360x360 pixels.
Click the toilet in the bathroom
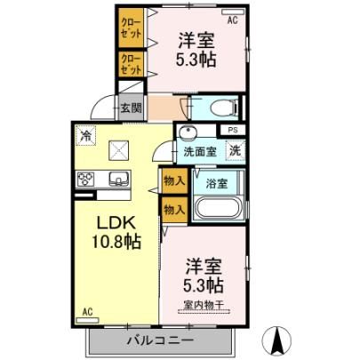click(226, 108)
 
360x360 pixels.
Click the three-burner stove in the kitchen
click(85, 179)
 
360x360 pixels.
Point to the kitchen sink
click(119, 179)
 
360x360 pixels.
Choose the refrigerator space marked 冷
click(86, 135)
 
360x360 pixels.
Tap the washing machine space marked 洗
click(236, 150)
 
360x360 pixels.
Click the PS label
click(233, 130)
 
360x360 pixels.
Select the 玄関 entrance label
click(132, 108)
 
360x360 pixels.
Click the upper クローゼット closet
click(132, 28)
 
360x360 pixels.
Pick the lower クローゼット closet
click(132, 64)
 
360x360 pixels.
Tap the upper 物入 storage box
click(175, 180)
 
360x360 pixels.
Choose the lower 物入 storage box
click(175, 210)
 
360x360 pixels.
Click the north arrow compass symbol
click(277, 340)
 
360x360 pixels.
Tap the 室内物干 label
click(204, 305)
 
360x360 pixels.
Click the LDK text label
click(116, 223)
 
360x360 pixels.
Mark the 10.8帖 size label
click(116, 242)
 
